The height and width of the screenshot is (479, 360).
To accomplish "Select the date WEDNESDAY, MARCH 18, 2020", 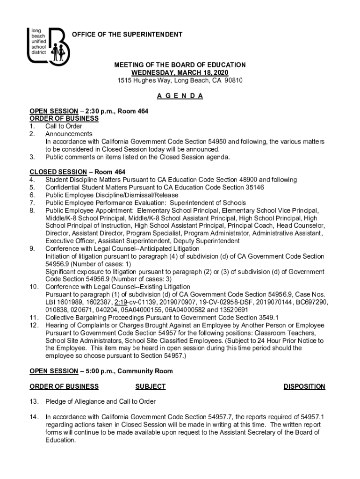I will (x=180, y=73).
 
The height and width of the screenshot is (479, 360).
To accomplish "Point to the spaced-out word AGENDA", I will (x=180, y=96).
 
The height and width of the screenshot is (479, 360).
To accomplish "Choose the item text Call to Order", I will (x=64, y=126).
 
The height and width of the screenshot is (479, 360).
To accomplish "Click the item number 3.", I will (x=31, y=157).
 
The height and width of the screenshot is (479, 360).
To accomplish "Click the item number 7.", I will (x=31, y=203).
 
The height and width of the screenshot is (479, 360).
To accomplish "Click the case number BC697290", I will (x=310, y=302).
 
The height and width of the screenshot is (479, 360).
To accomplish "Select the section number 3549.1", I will (x=265, y=318).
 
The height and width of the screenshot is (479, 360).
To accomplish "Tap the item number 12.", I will (x=33, y=325).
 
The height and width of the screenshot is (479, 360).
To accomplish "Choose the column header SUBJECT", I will (x=150, y=386).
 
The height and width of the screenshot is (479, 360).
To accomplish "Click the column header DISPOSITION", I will (x=304, y=386).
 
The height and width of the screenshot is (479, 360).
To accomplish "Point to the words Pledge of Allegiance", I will (x=75, y=402).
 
